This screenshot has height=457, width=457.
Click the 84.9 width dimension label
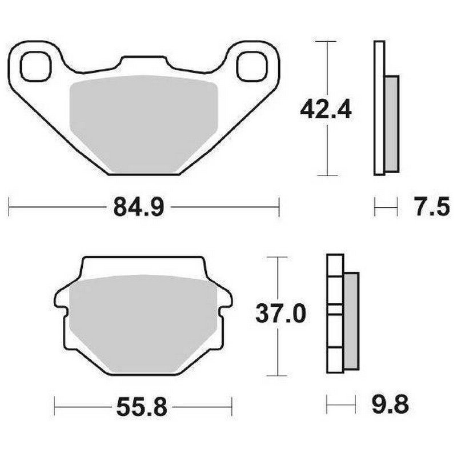[x=139, y=207]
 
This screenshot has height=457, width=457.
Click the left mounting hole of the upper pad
[x=36, y=66]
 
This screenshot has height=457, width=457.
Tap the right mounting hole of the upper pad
[x=251, y=66]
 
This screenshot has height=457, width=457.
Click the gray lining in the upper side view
[x=391, y=123]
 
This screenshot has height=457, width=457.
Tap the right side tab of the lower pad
[x=226, y=299]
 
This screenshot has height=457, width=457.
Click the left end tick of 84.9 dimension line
[x=10, y=207]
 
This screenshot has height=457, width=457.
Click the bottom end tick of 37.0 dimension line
[x=277, y=375]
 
